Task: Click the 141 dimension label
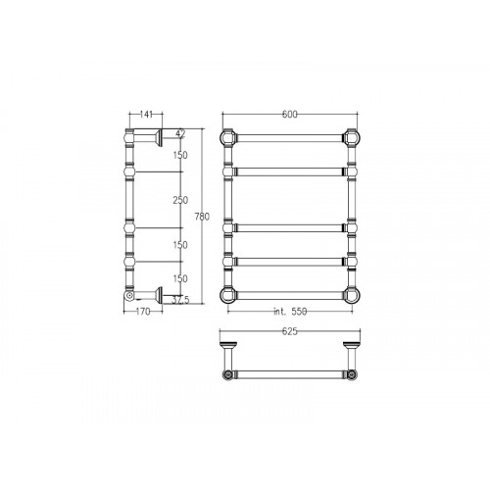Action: tap(146, 115)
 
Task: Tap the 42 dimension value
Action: tap(180, 133)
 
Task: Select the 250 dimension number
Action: tap(180, 200)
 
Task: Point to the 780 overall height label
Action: tap(202, 217)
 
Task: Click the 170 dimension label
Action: tap(143, 312)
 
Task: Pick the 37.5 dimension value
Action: tap(180, 300)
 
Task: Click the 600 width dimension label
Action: tap(290, 114)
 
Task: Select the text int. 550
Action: tap(290, 312)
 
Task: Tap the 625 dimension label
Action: tap(290, 331)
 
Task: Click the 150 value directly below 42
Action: tap(180, 155)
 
